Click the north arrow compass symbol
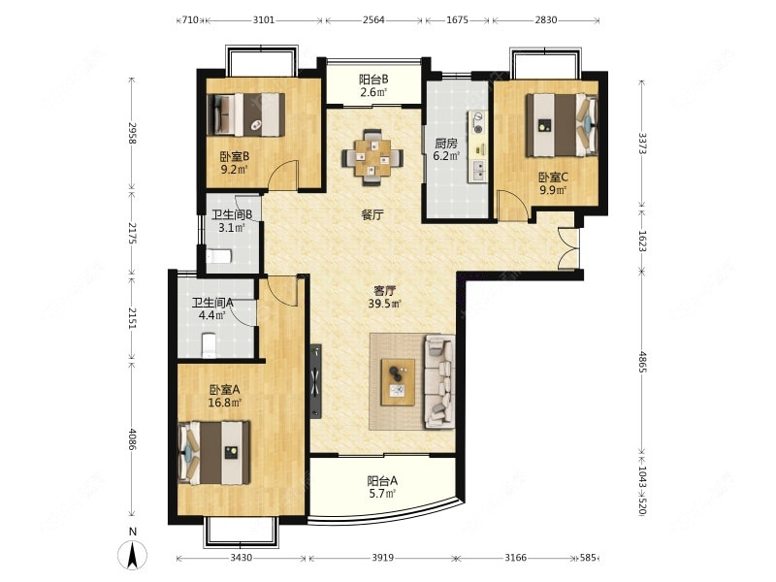(x=132, y=554)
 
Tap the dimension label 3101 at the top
(x=263, y=20)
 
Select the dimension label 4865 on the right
(x=642, y=362)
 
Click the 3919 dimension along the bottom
(x=382, y=558)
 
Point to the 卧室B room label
(x=234, y=157)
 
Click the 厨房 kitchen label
(x=446, y=144)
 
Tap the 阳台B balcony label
(x=373, y=80)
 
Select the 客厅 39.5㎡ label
(x=383, y=297)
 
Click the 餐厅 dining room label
(x=372, y=214)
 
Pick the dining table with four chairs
(x=372, y=157)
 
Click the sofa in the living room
(x=439, y=380)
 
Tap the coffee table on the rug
(x=398, y=382)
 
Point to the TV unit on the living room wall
(x=316, y=382)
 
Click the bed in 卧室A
(x=214, y=452)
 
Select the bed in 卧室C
(x=562, y=125)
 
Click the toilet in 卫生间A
(x=209, y=345)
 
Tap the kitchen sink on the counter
(x=478, y=171)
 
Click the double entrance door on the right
(x=568, y=248)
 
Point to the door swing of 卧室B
(x=283, y=176)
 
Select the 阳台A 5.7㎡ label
(x=382, y=487)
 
